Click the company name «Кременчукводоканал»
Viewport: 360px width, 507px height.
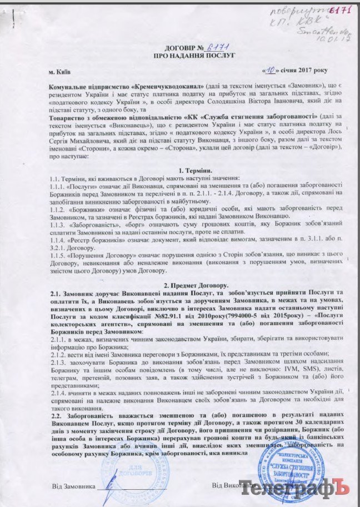167,88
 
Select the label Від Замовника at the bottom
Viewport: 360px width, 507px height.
73,486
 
